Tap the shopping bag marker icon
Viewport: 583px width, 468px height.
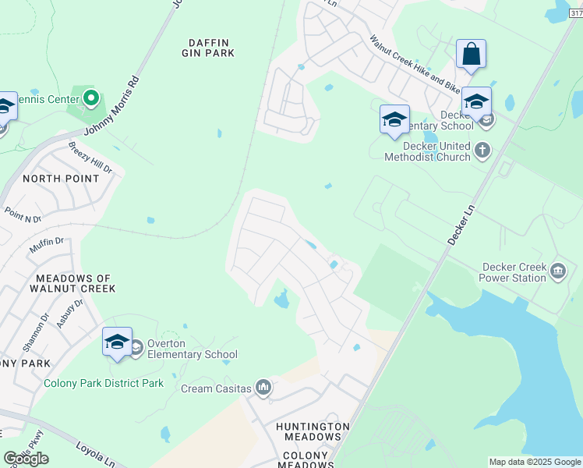coord(471,55)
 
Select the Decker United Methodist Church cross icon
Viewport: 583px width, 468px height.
coord(482,150)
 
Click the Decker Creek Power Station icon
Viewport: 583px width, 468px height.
coord(558,271)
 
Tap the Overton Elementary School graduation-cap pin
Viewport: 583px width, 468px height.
coord(117,342)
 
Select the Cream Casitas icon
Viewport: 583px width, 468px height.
coord(263,387)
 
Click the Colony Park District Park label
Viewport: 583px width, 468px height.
coord(104,383)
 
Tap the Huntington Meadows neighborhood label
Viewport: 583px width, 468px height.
coord(313,431)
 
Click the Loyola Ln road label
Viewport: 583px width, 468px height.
coord(95,452)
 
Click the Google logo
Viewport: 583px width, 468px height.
coord(26,459)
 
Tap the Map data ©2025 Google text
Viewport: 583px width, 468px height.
coord(535,462)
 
